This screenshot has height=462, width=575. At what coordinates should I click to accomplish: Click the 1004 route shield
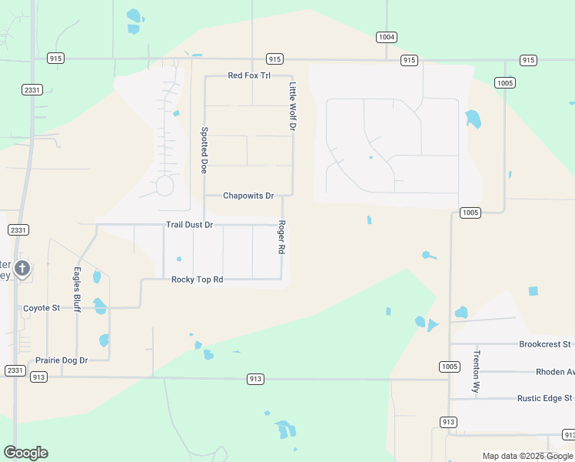tap(387, 37)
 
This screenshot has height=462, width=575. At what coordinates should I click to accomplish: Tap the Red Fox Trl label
tap(249, 75)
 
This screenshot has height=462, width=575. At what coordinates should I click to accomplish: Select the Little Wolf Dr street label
tap(292, 106)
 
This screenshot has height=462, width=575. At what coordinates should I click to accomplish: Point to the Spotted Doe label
tap(204, 150)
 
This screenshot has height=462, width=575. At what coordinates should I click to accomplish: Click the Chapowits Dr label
tap(248, 196)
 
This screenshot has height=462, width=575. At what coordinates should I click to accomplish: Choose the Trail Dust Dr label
tap(189, 225)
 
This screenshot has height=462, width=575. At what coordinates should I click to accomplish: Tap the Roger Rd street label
tap(282, 238)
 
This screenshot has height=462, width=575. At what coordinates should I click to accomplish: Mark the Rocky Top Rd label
tap(197, 280)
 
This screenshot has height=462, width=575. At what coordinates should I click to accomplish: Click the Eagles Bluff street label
tap(77, 290)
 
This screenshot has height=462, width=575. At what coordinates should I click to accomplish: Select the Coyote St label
tap(42, 308)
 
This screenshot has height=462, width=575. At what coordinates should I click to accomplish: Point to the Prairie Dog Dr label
tap(62, 360)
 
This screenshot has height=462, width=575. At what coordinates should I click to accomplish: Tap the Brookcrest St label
tap(545, 344)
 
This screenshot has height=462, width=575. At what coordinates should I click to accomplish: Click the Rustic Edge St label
tap(546, 398)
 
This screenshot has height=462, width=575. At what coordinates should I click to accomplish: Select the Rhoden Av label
tap(555, 372)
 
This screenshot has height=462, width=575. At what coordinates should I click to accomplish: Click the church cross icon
tap(22, 269)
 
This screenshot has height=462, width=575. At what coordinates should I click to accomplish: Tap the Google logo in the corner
tap(25, 453)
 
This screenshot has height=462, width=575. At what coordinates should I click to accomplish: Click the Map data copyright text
tap(528, 457)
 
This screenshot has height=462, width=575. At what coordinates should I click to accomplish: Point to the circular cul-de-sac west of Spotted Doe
tap(165, 186)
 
